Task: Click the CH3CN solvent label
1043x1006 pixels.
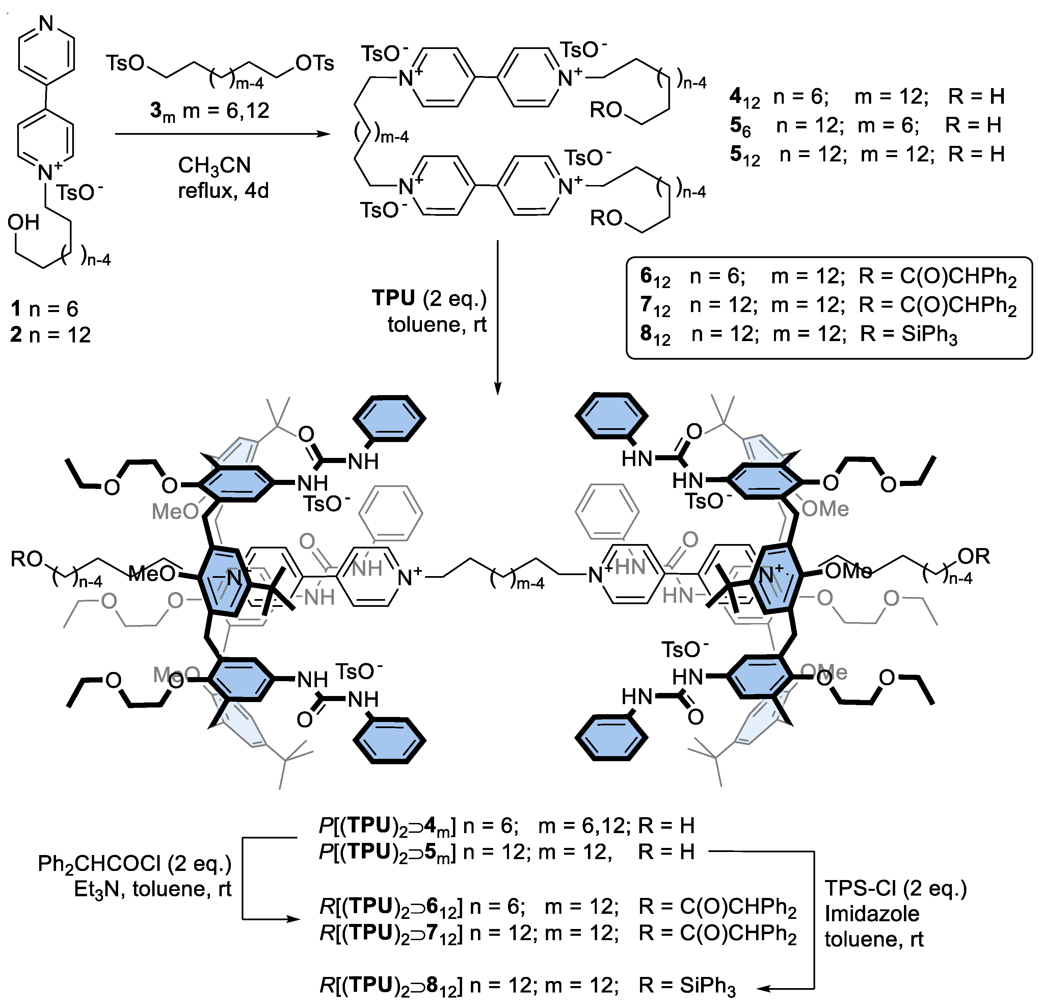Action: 214,165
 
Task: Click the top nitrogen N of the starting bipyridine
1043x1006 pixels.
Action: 46,23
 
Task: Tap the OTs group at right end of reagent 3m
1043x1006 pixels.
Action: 315,63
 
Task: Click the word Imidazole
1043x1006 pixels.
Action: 872,913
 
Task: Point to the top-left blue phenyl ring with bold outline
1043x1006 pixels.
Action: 390,418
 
